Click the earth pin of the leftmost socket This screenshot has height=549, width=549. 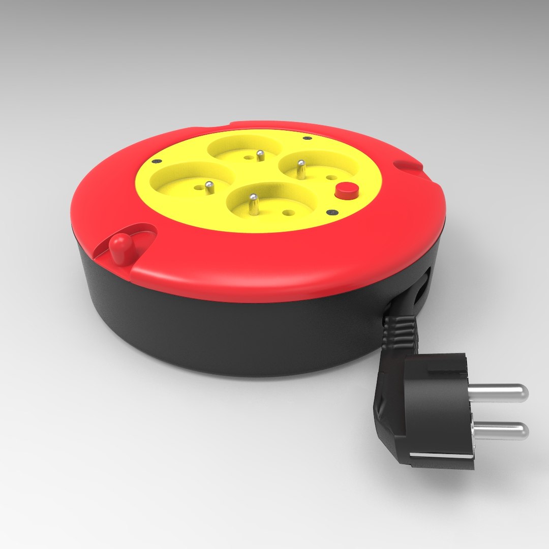[x=208, y=188]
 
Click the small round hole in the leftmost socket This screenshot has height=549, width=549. [x=196, y=187]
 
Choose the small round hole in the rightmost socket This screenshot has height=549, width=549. [x=330, y=177]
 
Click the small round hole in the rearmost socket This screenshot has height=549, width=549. [x=248, y=158]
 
